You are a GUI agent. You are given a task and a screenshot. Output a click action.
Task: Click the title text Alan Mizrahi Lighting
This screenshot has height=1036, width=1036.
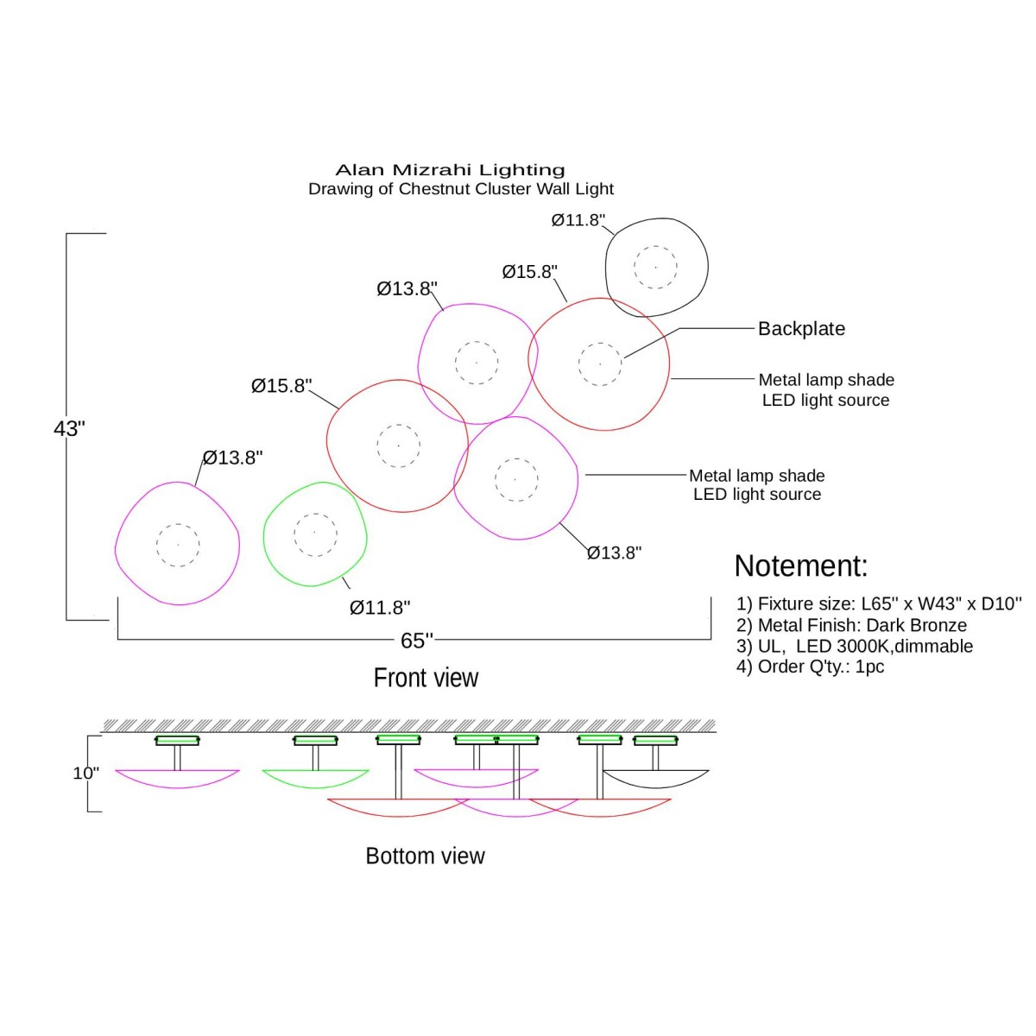coord(450,170)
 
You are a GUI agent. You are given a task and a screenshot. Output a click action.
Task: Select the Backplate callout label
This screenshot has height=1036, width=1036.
coord(801,329)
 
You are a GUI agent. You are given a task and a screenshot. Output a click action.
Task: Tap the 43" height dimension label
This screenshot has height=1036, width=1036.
coord(69,428)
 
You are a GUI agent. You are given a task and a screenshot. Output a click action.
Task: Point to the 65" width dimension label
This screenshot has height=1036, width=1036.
coord(416,640)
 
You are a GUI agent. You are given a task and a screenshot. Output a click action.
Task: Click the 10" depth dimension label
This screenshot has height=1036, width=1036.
coord(85,773)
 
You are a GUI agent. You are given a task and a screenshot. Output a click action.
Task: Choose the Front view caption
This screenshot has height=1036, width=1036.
coord(426,678)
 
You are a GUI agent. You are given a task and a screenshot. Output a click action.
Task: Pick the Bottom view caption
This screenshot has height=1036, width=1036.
coord(425,856)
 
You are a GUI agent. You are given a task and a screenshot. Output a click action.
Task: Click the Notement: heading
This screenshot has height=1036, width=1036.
coord(800,565)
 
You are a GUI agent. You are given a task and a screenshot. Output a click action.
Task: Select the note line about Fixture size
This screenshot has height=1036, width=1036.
coord(879,603)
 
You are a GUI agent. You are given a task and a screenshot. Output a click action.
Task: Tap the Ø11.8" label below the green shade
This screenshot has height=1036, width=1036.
coord(380,608)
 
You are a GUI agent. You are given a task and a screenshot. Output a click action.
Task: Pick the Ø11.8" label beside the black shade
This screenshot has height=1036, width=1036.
coord(578,220)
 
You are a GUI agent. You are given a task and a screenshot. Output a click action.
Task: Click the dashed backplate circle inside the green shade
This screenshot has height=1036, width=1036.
coord(315,534)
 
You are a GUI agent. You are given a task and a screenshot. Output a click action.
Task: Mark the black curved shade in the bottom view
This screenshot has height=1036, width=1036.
coord(656,780)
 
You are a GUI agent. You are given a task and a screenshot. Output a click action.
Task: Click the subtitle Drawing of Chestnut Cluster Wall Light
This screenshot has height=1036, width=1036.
coord(461,189)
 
